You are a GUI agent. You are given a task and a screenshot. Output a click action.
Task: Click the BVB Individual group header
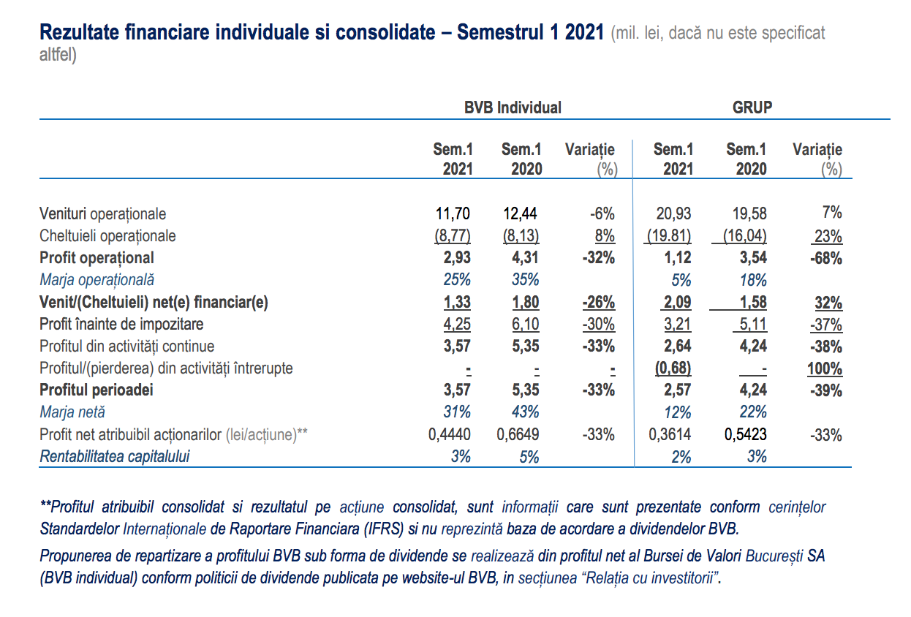click(x=513, y=107)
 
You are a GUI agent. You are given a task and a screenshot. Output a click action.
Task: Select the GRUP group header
click(x=752, y=107)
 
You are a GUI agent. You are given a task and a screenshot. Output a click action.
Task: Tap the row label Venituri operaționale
click(x=102, y=214)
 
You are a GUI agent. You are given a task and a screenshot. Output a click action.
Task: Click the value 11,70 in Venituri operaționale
click(x=453, y=213)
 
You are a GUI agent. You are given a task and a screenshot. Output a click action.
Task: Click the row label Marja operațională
click(x=97, y=280)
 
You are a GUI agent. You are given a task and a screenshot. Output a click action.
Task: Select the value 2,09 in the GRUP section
click(x=677, y=302)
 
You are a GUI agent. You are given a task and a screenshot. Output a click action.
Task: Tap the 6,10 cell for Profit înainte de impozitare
click(x=526, y=324)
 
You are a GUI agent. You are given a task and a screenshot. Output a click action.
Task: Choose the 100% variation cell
click(x=825, y=368)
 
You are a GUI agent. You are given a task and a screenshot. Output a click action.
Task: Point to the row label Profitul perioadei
click(x=97, y=390)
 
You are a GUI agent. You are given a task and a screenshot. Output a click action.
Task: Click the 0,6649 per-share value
click(x=518, y=434)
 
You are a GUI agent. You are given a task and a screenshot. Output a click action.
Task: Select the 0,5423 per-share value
click(x=746, y=434)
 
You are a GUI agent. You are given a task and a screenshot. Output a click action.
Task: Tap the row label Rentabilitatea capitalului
click(x=115, y=456)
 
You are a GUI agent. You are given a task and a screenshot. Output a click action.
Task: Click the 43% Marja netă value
click(x=526, y=412)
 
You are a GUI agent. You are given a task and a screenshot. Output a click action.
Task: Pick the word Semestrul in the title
click(x=500, y=32)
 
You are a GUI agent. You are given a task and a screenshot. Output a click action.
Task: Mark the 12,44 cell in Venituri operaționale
click(x=520, y=213)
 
